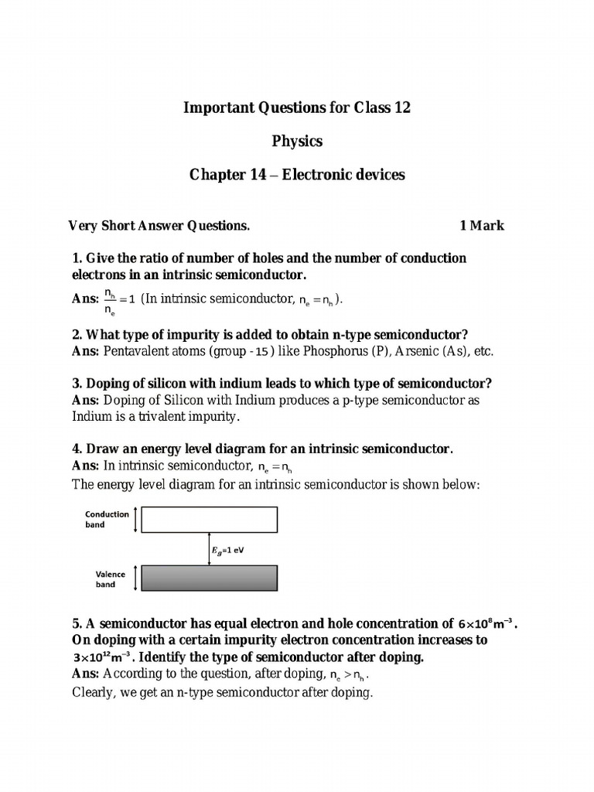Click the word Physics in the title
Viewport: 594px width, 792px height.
pyautogui.click(x=297, y=142)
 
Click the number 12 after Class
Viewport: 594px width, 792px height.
pyautogui.click(x=401, y=108)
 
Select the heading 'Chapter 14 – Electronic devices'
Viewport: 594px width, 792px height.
pyautogui.click(x=297, y=175)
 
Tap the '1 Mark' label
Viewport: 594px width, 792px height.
pyautogui.click(x=481, y=226)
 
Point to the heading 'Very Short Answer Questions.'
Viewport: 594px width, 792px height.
pyautogui.click(x=159, y=226)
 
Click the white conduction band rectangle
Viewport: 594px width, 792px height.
pyautogui.click(x=209, y=520)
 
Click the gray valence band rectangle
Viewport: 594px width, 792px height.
pyautogui.click(x=209, y=578)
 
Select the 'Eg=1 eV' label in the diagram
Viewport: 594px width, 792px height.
pyautogui.click(x=228, y=550)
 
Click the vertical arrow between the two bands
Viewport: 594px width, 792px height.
pyautogui.click(x=209, y=549)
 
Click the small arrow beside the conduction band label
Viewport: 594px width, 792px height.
pyautogui.click(x=136, y=520)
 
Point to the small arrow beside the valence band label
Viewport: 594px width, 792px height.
pyautogui.click(x=136, y=578)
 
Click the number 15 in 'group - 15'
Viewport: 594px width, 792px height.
pyautogui.click(x=262, y=351)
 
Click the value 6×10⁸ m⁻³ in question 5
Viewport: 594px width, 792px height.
pyautogui.click(x=486, y=623)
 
